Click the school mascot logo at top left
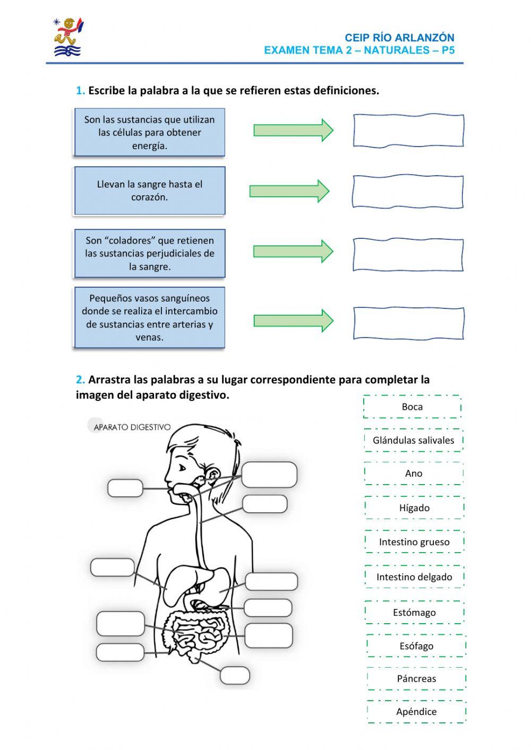click(x=68, y=37)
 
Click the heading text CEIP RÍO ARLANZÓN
click(x=399, y=38)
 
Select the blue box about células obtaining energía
click(x=149, y=133)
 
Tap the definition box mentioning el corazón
click(x=149, y=191)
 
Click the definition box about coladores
click(x=149, y=253)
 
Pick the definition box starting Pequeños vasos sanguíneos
click(x=149, y=317)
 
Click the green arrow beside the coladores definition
click(x=293, y=251)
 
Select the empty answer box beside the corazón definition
click(x=407, y=191)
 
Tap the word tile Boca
click(x=412, y=407)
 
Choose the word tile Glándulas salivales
click(x=413, y=440)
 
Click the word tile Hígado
click(x=414, y=508)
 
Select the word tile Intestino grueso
click(x=414, y=542)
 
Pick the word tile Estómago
click(x=414, y=613)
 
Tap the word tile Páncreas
click(x=416, y=679)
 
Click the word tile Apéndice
click(x=416, y=712)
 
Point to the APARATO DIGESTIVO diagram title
click(x=132, y=427)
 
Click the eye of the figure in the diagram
click(x=182, y=468)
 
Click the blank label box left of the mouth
click(x=125, y=488)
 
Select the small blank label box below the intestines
click(x=235, y=675)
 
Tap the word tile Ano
click(x=414, y=473)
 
